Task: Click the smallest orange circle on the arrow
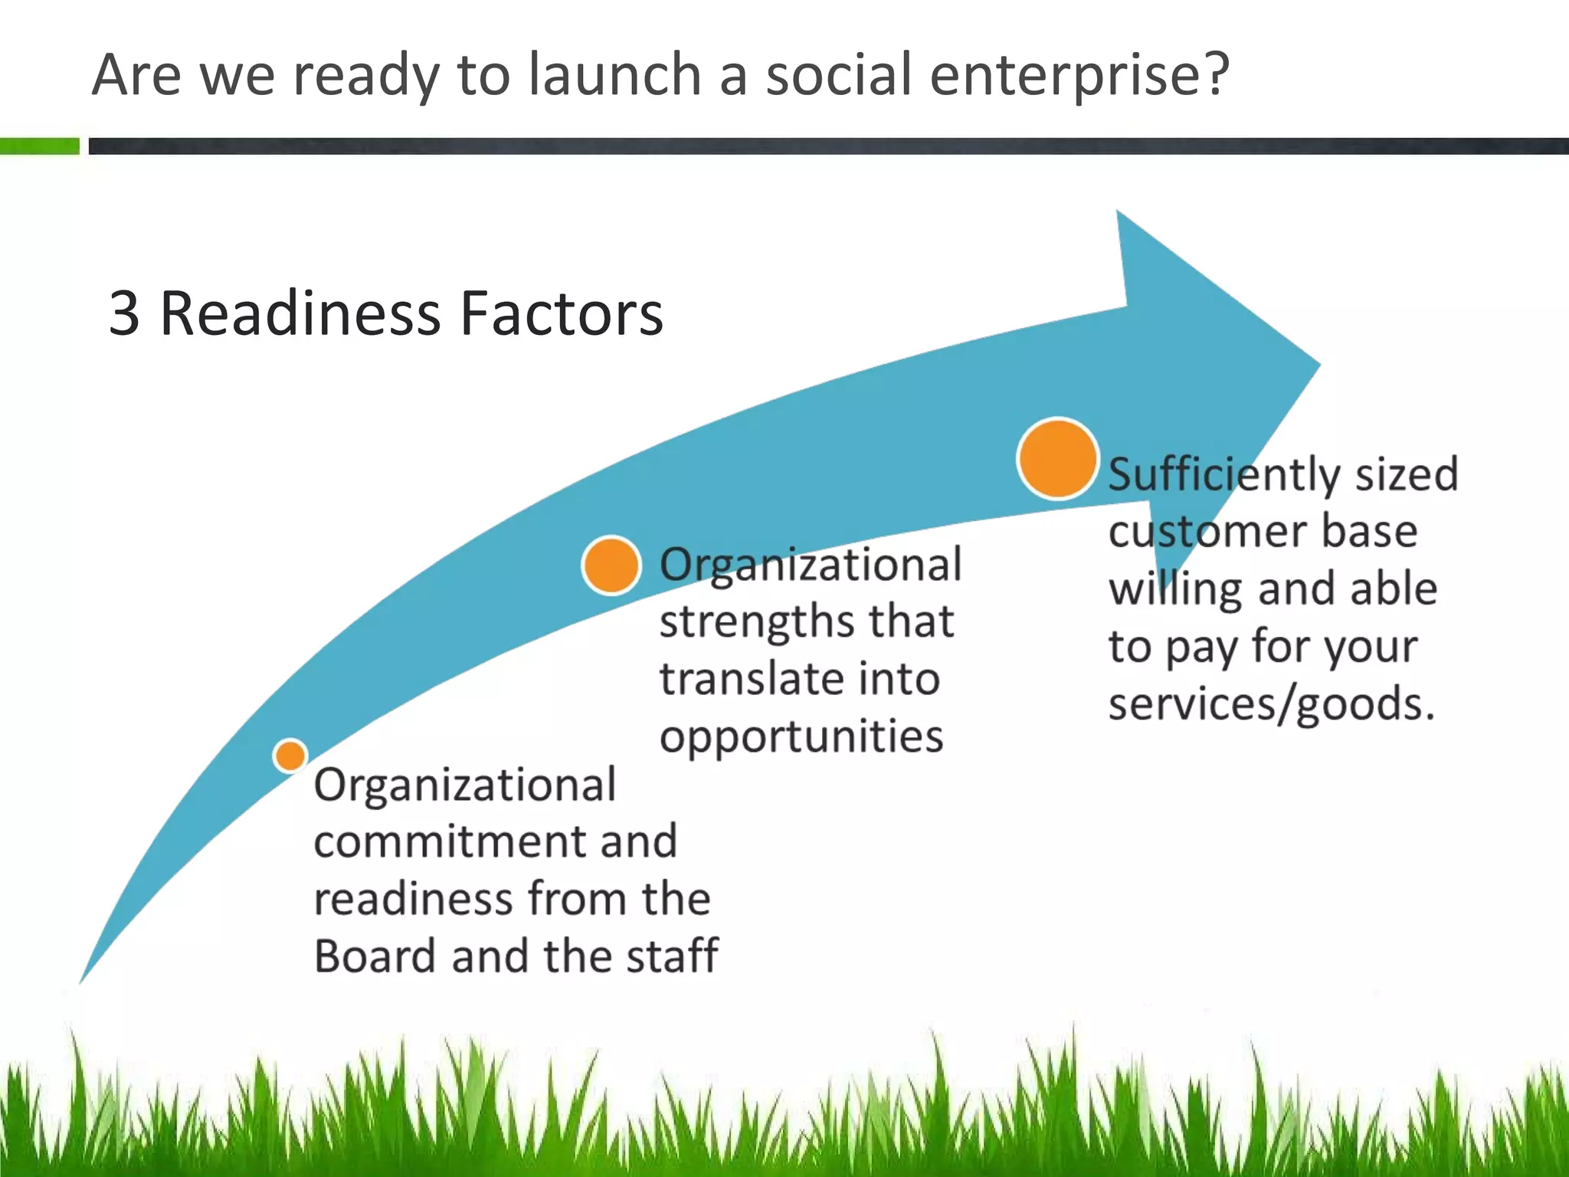click(x=290, y=756)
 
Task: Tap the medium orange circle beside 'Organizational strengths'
click(x=611, y=566)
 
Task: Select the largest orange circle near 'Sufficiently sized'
click(x=1058, y=458)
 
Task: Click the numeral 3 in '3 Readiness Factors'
click(x=124, y=313)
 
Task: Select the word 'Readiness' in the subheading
click(x=300, y=313)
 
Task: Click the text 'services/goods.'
click(x=1271, y=703)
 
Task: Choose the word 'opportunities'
click(x=801, y=737)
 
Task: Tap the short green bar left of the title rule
click(x=39, y=146)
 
